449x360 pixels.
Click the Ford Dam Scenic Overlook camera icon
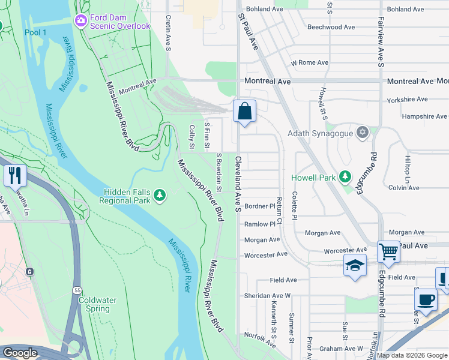coord(80,21)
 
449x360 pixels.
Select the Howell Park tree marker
coord(345,177)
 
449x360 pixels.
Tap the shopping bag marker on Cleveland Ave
coord(244,111)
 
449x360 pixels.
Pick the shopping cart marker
coord(388,252)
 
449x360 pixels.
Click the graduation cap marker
coord(355,265)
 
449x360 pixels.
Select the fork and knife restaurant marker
coord(14,175)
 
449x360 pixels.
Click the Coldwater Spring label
coord(94,304)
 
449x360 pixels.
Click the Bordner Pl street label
coord(259,206)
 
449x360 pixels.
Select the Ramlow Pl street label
coord(259,224)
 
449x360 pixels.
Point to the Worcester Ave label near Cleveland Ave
coord(265,255)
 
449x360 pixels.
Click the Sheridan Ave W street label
coord(267,296)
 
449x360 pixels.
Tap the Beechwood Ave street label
coord(332,27)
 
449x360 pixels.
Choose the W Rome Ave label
coord(309,62)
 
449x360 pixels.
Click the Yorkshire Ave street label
coord(407,99)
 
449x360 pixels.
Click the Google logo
coord(20,353)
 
